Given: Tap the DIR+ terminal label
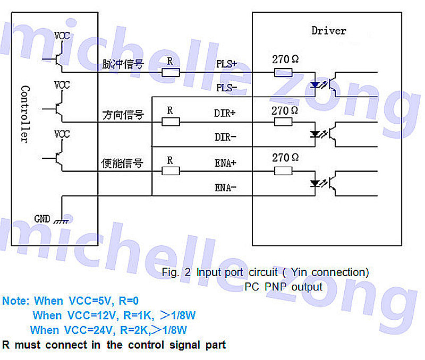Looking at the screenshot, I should (225, 113).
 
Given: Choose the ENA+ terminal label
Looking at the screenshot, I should (225, 163).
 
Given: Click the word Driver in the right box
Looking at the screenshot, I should (328, 31).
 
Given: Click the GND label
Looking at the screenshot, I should (42, 218).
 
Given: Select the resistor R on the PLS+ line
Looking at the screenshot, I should (171, 72).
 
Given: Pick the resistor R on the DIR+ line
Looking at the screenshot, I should (171, 122).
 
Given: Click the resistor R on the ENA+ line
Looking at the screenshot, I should (171, 171).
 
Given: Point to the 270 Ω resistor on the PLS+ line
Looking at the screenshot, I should (283, 72).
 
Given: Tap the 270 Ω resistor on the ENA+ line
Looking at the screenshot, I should (283, 171).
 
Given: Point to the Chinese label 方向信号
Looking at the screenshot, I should (122, 114).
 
